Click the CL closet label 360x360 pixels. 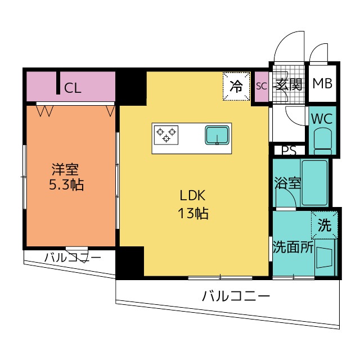point(73,88)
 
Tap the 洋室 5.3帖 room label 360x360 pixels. point(66,177)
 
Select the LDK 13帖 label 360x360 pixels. point(193,205)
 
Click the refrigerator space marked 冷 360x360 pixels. point(236,86)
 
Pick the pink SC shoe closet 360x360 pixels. point(262,86)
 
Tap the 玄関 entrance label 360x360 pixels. point(289,84)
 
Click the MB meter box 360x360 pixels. point(322,84)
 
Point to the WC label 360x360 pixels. point(322,119)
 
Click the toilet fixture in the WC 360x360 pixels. point(322,141)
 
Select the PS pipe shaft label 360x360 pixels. point(289,151)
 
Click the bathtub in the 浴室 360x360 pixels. point(314,182)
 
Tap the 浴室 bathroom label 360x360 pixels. point(287,183)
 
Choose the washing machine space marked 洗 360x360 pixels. point(325,225)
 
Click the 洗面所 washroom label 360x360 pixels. point(293,247)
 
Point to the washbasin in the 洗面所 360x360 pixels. point(324,258)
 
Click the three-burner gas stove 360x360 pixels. point(166,135)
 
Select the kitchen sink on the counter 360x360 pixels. point(217,135)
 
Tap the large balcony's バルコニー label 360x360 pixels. point(236,296)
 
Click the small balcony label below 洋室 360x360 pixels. point(73,258)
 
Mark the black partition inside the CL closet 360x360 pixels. point(58,83)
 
